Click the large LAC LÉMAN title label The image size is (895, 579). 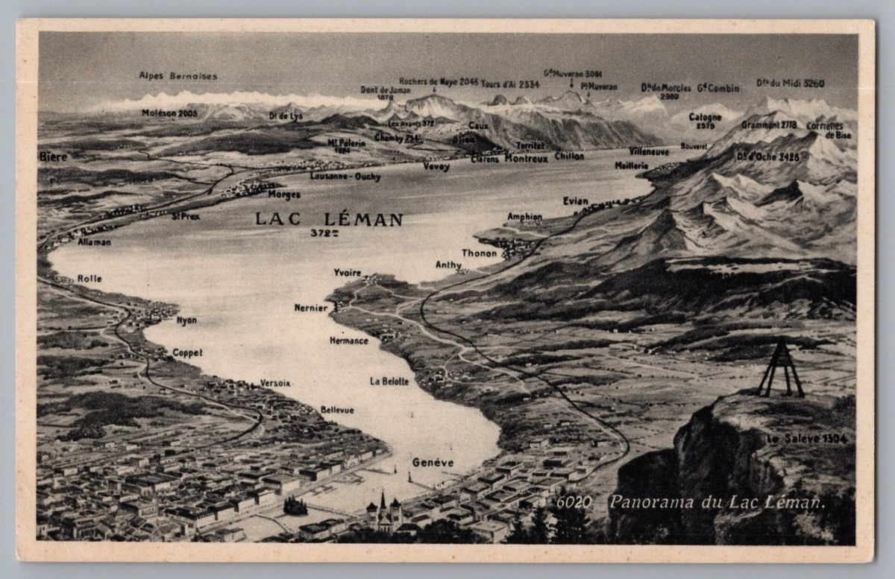(329, 219)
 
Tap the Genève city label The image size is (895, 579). (433, 463)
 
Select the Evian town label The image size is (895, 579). (576, 201)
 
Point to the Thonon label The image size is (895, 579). (479, 253)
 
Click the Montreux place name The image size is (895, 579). (526, 158)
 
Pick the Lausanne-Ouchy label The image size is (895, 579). (345, 177)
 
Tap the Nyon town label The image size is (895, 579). (186, 320)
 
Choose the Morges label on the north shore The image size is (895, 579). (283, 194)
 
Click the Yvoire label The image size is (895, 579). (348, 273)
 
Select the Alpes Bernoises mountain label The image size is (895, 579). (178, 75)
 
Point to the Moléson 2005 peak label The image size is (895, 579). (169, 113)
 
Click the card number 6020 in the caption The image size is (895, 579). (574, 502)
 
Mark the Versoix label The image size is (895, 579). (275, 383)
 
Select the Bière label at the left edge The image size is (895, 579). (54, 157)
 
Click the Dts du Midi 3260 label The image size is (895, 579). (790, 83)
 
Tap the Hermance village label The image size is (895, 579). (349, 341)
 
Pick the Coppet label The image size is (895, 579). (187, 353)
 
